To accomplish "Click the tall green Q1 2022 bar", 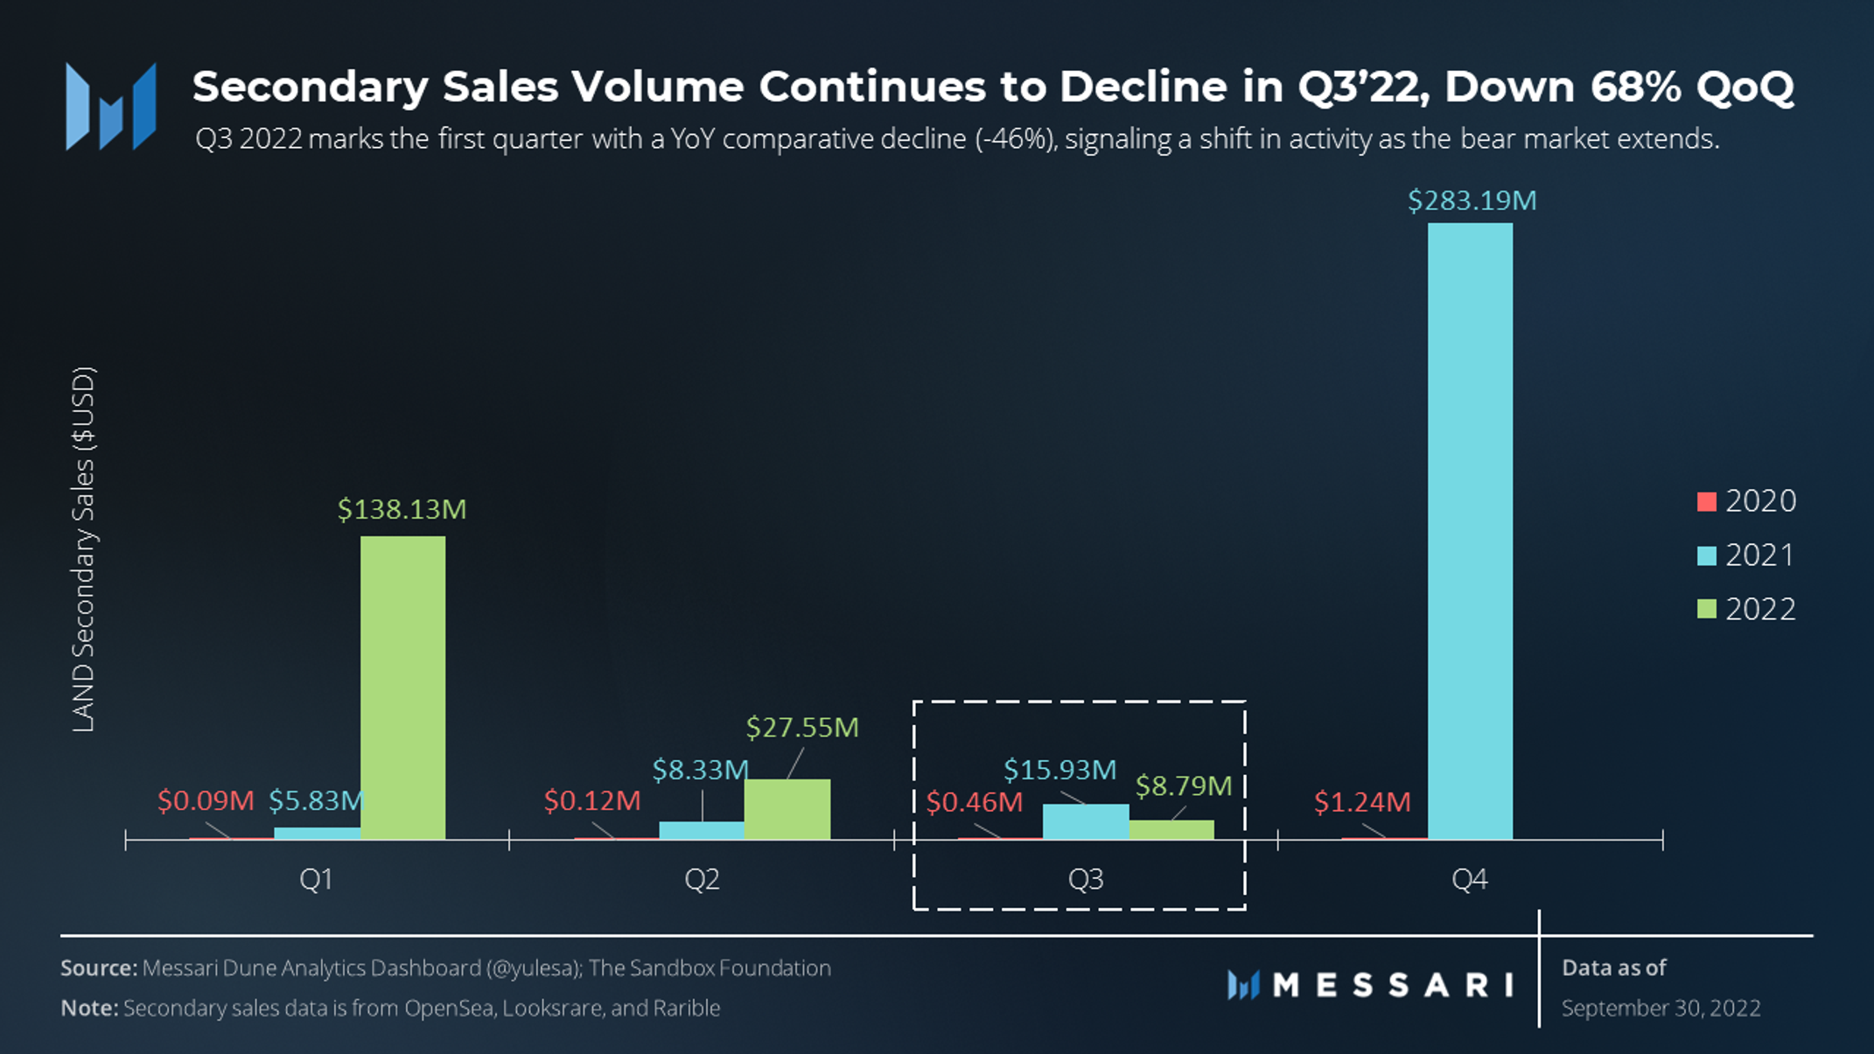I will [402, 688].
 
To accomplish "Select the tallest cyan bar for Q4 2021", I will [1470, 531].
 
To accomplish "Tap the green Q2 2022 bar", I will [787, 809].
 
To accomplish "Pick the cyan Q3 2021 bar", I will [1086, 822].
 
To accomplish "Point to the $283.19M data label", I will [1472, 200].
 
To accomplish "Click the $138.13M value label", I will [402, 509].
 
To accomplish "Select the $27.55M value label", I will [802, 727].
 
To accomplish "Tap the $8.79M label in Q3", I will [1183, 785].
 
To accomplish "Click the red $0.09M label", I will [206, 800].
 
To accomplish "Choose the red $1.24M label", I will [1362, 801].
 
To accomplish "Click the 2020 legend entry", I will [1746, 501].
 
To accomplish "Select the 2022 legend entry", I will [1746, 609].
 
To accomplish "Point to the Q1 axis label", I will [316, 879].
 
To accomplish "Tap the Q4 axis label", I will [1469, 879].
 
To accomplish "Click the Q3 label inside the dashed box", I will [1086, 879].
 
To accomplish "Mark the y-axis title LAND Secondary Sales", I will [83, 549].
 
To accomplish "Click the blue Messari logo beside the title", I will [110, 106].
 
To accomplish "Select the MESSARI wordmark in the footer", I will [1371, 986].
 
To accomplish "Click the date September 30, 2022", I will [1661, 1008].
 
